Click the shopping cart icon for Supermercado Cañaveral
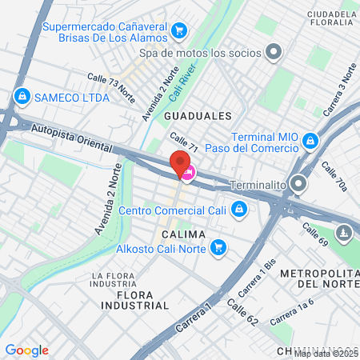tap(180, 31)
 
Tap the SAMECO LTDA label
tap(69, 97)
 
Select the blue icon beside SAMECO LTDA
tap(22, 97)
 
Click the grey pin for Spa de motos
tap(274, 53)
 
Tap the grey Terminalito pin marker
tap(299, 185)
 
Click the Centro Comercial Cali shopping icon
tap(238, 210)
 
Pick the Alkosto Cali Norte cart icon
tap(218, 248)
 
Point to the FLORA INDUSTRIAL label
tap(135, 300)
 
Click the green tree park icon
tap(344, 233)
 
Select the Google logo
tap(26, 350)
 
